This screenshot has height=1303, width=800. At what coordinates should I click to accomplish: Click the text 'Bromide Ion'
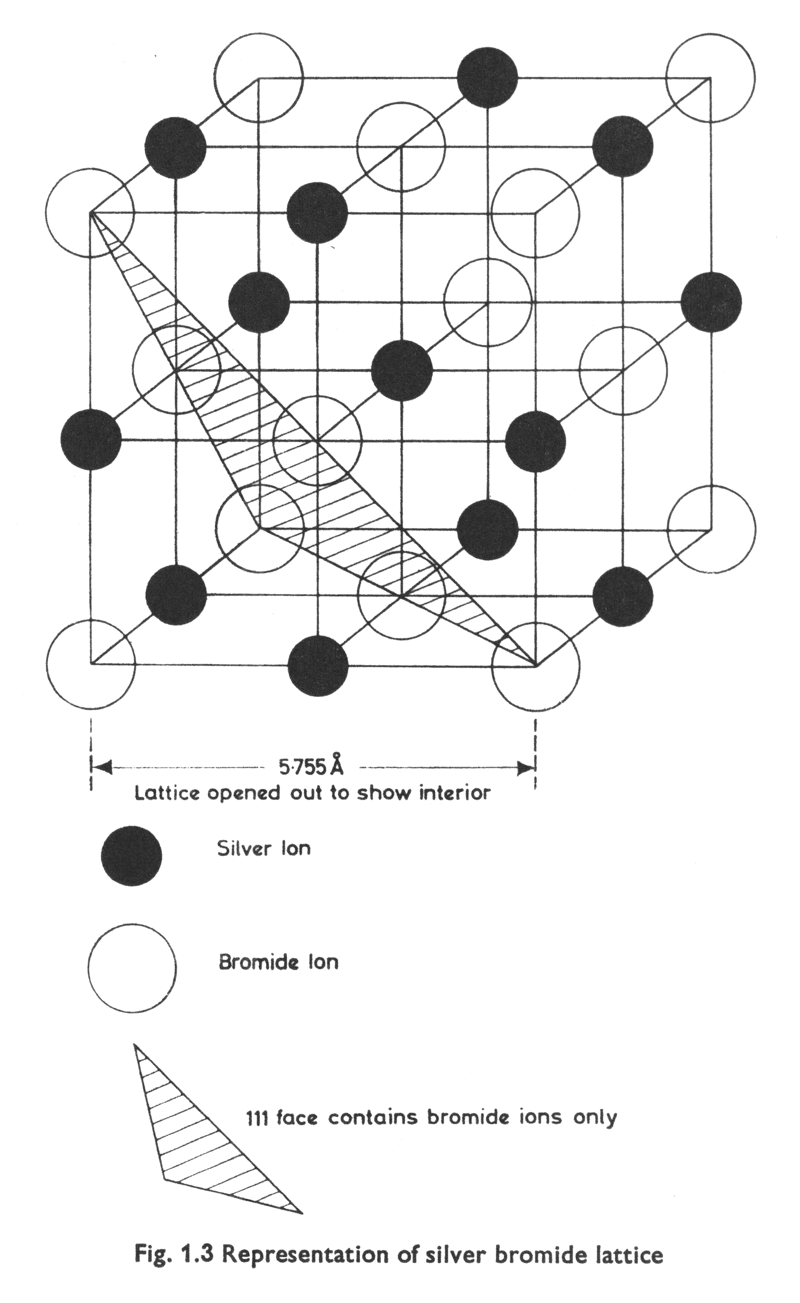278,962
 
